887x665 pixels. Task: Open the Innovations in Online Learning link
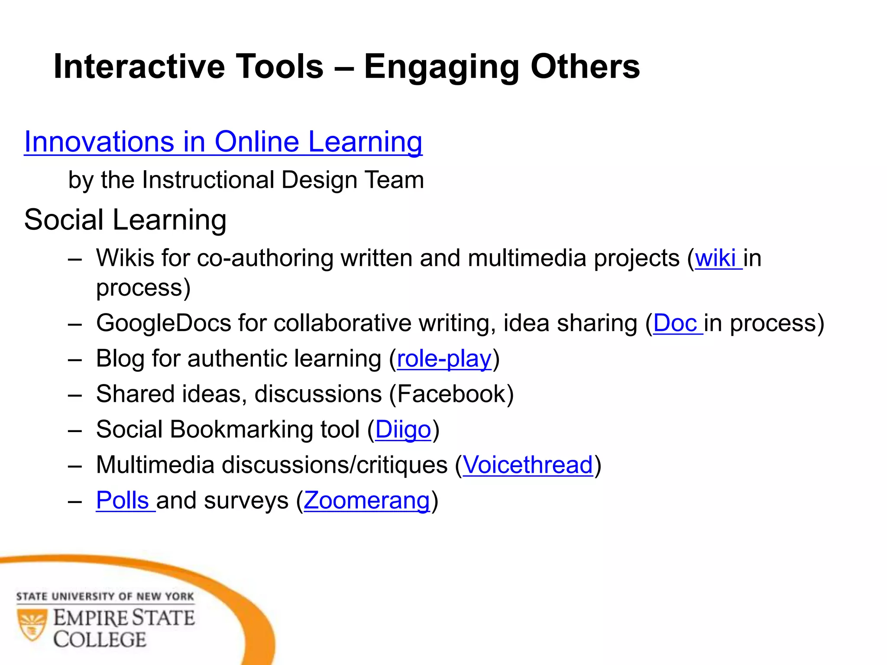[x=223, y=142]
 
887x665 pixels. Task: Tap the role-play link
[x=444, y=359]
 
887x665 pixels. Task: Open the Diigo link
[x=403, y=430]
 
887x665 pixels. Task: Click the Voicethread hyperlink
[x=528, y=465]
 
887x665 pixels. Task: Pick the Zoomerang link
[x=366, y=501]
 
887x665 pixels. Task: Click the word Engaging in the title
[x=441, y=67]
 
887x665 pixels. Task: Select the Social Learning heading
[x=125, y=220]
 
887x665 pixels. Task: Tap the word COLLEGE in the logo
[x=100, y=639]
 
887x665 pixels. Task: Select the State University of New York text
[x=105, y=597]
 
